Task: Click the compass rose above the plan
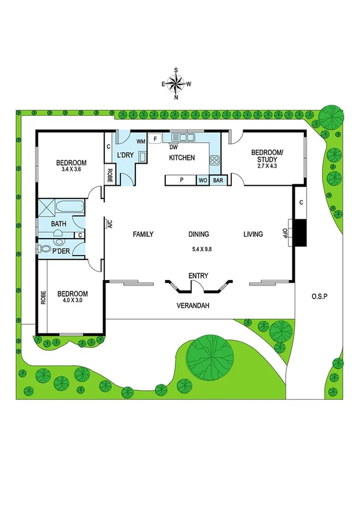tap(177, 84)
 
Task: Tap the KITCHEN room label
tap(181, 158)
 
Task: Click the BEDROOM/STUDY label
tap(264, 156)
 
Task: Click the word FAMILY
tap(144, 234)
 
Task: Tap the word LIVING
tap(253, 234)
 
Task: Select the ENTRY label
tap(198, 276)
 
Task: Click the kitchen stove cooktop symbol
tap(214, 160)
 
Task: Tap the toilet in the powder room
tap(43, 249)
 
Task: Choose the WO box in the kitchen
tap(203, 180)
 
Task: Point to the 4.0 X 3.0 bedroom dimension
tap(72, 301)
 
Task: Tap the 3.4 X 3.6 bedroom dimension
tap(71, 170)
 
